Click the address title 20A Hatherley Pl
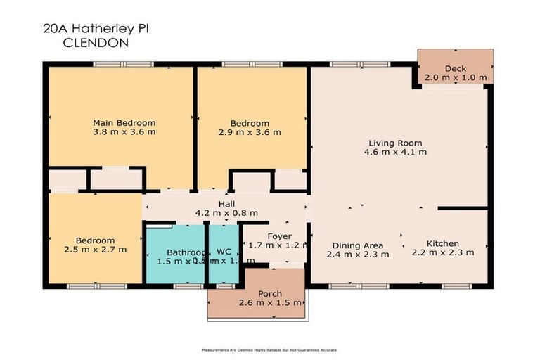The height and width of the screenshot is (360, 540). pos(96,29)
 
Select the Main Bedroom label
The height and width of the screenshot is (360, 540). pos(124,123)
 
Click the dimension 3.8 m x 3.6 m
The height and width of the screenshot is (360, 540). pos(124,132)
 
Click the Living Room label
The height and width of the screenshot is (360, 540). pos(395,142)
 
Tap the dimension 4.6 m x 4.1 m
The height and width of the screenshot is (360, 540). pos(395,152)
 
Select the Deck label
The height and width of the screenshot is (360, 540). pos(455,68)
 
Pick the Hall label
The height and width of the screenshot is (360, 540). pos(226,203)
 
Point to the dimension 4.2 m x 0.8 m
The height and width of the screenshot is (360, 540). pos(226,213)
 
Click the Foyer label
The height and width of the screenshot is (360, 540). pos(274,236)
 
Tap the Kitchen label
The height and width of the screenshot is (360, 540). pos(443,243)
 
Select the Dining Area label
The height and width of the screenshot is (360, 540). pos(358,245)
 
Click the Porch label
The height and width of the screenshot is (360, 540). pos(270,293)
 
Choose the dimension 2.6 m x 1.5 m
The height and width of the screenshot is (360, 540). pos(270,303)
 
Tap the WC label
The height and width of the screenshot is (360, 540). pos(224,251)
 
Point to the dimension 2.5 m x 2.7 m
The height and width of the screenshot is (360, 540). pos(95,249)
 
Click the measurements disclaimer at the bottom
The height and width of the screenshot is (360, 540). pos(270,349)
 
